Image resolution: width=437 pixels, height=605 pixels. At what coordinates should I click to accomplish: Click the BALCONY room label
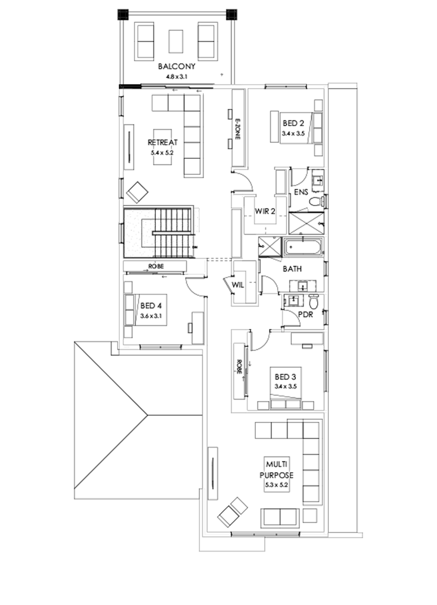176,67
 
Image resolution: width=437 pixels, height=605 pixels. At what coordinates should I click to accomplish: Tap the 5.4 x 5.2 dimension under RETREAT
163,152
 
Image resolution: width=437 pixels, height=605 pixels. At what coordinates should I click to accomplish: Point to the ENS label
301,192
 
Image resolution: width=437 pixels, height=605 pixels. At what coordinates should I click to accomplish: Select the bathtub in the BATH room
303,247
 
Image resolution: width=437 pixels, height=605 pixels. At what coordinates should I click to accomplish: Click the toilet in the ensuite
316,201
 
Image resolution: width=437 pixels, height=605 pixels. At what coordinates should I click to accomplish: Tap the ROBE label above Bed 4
156,266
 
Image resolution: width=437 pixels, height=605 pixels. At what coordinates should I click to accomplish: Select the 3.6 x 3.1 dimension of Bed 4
151,315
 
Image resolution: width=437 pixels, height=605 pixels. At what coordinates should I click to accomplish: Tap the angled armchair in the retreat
138,192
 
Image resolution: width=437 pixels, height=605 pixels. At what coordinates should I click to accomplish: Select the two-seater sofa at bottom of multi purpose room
280,518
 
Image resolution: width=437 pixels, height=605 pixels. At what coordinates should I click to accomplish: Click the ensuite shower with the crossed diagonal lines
305,223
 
